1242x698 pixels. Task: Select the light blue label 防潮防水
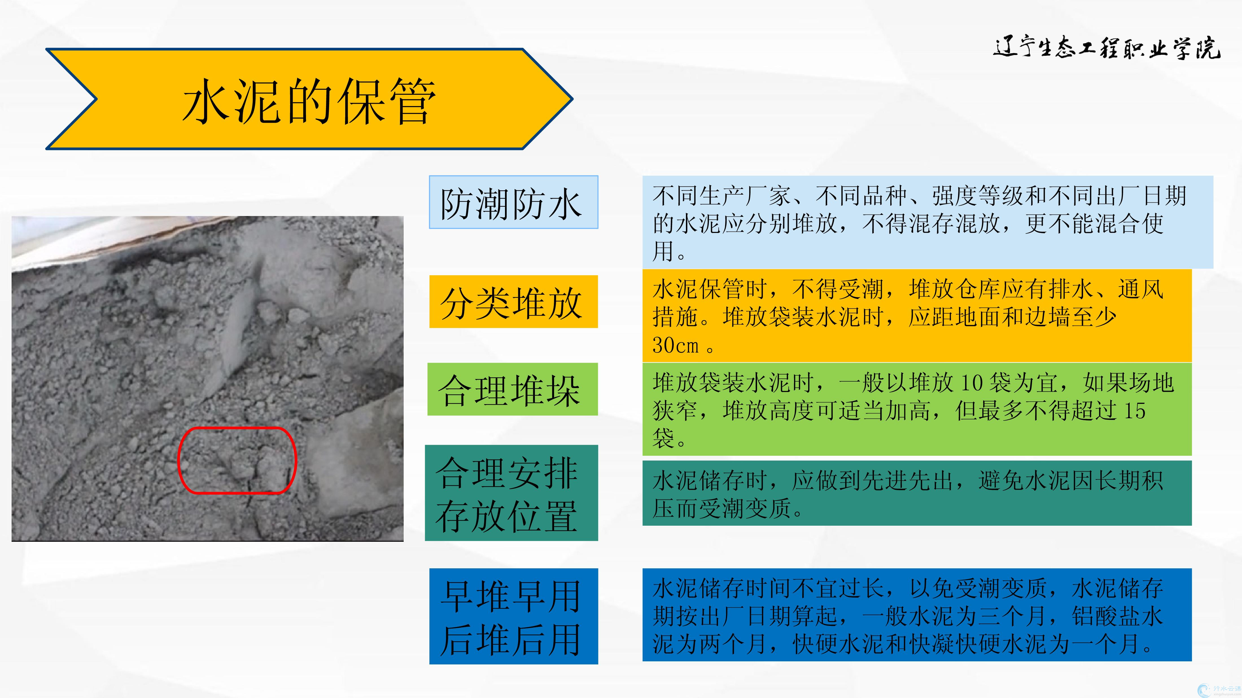[x=513, y=202]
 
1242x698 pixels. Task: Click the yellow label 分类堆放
[x=513, y=302]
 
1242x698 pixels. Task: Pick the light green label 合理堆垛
[x=513, y=389]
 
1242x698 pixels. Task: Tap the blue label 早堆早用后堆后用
[x=513, y=616]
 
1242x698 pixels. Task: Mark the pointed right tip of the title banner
[x=572, y=99]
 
